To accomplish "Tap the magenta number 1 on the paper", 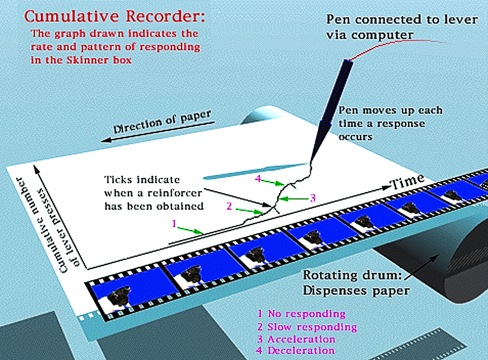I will coord(173,223).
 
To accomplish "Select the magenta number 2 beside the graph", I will coord(229,206).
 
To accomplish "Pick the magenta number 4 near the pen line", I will coord(258,179).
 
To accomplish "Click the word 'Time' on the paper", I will coord(407,181).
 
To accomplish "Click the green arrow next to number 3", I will coord(296,198).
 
